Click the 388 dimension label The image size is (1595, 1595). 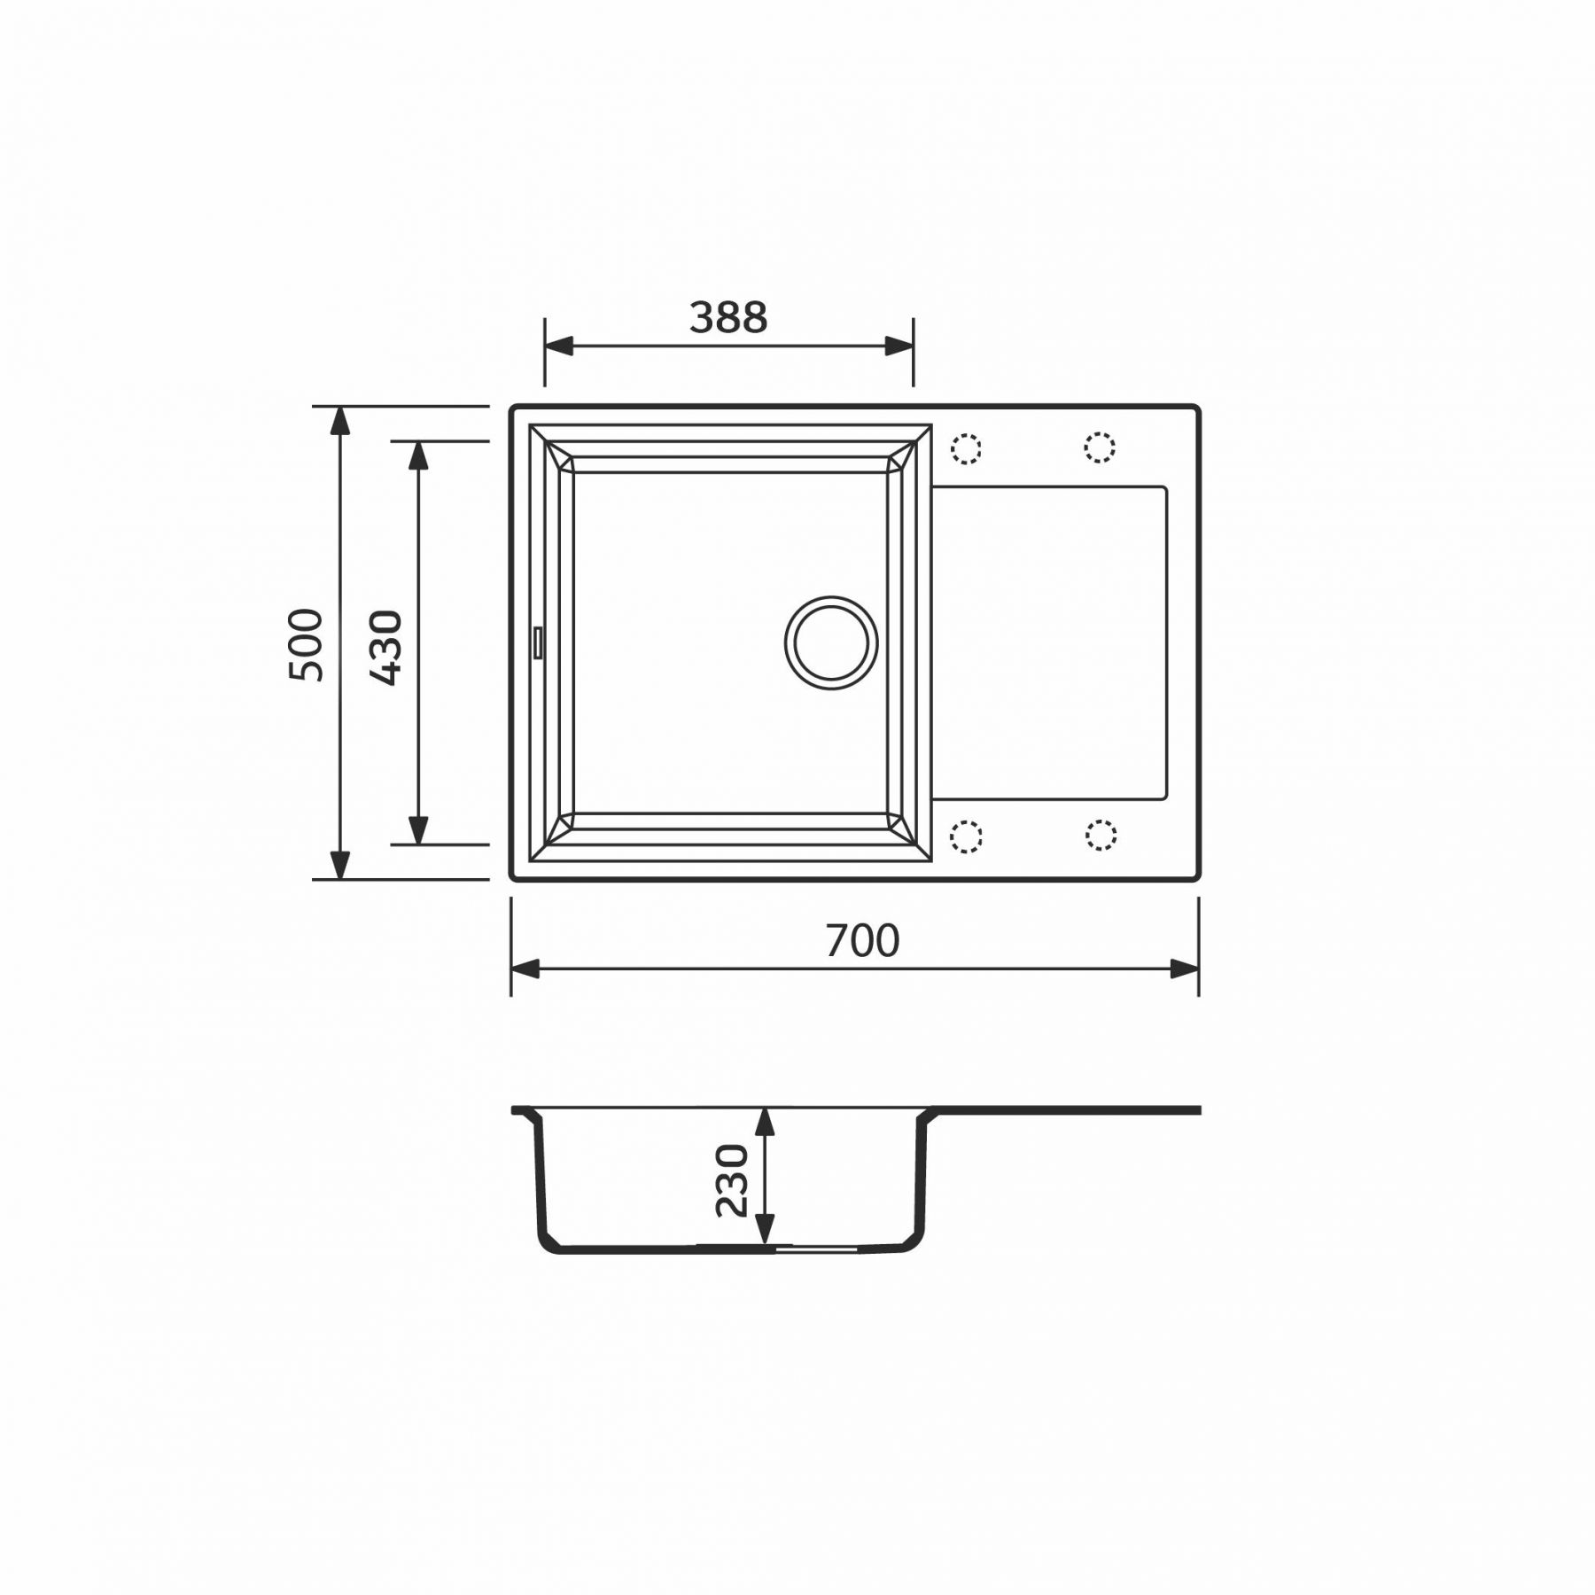pyautogui.click(x=728, y=317)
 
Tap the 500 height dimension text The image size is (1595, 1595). pyautogui.click(x=306, y=644)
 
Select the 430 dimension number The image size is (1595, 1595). pyautogui.click(x=385, y=648)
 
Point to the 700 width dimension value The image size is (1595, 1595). pyautogui.click(x=862, y=941)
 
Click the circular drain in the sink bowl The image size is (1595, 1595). pyautogui.click(x=831, y=642)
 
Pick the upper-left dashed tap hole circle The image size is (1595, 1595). pyautogui.click(x=966, y=448)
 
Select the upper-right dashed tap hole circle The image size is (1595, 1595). pyautogui.click(x=1100, y=447)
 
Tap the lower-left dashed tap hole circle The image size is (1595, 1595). pyautogui.click(x=966, y=836)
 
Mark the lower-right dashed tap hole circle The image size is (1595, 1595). pyautogui.click(x=1100, y=835)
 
